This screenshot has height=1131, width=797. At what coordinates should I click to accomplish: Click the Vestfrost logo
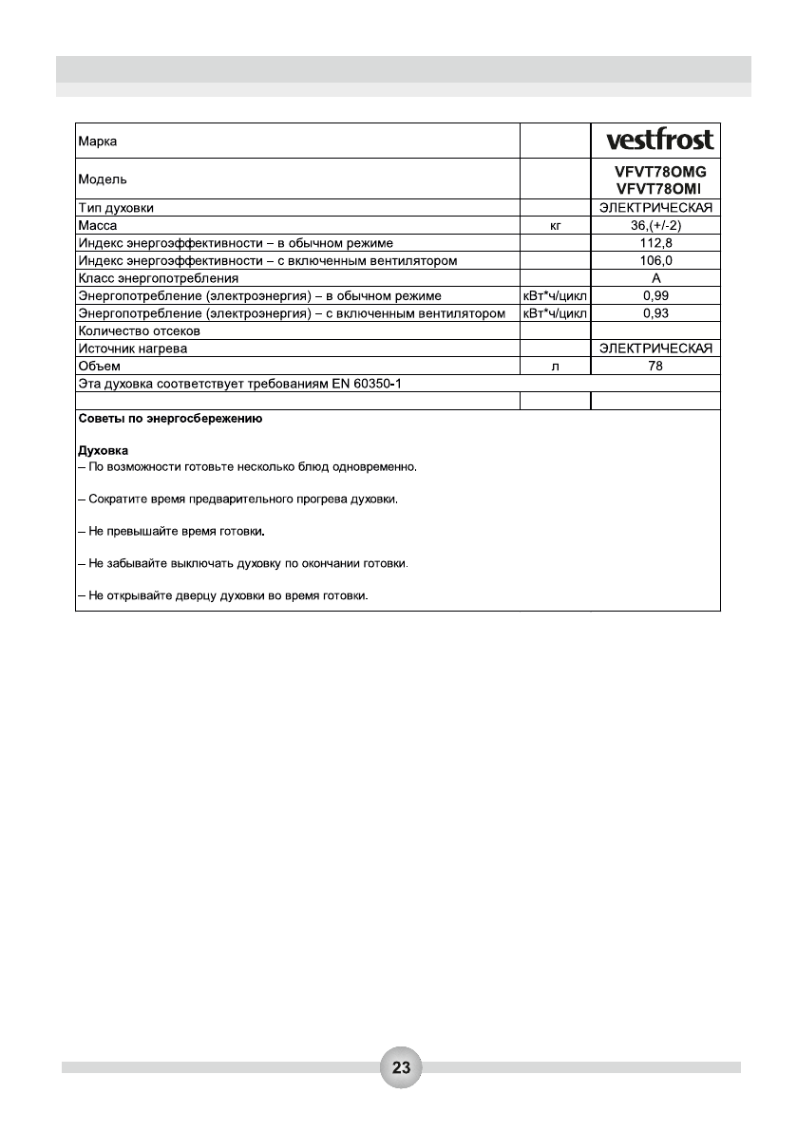coord(660,141)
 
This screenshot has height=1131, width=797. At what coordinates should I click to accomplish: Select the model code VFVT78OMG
coord(661,172)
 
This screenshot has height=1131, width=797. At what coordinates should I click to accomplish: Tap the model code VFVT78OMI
coord(661,189)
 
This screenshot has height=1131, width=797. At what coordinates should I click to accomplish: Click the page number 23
coord(401,1067)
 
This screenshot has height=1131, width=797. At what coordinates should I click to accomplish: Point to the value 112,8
coord(655,243)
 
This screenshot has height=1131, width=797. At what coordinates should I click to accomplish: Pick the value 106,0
coord(655,261)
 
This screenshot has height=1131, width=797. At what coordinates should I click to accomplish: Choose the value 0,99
coord(655,296)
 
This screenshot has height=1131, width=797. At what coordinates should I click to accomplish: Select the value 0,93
coord(655,313)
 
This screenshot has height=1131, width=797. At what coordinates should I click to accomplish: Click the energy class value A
coord(655,278)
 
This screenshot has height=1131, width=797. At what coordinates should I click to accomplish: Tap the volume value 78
coord(655,366)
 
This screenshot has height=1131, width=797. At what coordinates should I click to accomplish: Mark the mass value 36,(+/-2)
coord(655,226)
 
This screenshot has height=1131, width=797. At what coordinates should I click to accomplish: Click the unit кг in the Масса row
coord(557,226)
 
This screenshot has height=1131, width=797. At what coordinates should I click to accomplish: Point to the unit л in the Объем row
coord(557,366)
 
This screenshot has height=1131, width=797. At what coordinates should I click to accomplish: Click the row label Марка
coord(98,141)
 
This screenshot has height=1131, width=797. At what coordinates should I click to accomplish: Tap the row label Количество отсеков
coord(139,331)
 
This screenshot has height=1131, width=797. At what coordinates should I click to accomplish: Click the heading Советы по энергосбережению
coord(170,419)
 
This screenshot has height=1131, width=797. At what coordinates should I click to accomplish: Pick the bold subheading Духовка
coord(103,449)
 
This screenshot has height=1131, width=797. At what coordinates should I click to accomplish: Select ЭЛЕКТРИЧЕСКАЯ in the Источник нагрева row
coord(655,349)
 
